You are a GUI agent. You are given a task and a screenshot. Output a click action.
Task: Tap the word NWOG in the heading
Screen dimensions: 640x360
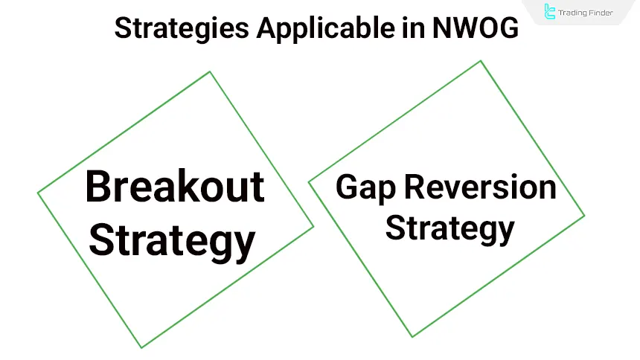[x=474, y=29]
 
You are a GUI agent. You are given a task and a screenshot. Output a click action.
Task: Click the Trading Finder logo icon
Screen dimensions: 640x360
[x=550, y=11]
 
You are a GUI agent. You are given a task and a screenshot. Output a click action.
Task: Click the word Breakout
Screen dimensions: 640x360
[x=175, y=187]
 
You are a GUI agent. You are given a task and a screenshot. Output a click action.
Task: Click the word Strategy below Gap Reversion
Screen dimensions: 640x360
[x=449, y=228]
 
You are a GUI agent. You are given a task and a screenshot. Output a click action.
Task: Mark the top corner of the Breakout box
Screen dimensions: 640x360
[x=210, y=71]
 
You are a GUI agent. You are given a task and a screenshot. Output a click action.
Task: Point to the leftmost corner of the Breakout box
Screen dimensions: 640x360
[x=38, y=193]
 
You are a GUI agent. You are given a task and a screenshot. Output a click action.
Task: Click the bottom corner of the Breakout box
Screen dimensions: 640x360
[x=141, y=347]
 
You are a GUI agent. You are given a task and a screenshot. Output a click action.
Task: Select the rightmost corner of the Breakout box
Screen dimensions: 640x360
[x=313, y=226]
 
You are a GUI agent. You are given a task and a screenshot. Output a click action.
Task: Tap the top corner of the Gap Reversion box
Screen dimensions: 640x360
[x=481, y=61]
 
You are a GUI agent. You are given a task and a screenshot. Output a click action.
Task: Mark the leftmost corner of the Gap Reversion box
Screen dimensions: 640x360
[x=309, y=182]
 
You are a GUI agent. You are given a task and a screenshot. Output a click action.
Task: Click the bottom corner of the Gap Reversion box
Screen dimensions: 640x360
[x=412, y=337]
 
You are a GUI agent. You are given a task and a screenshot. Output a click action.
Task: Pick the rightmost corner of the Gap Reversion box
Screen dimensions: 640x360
[x=584, y=216]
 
